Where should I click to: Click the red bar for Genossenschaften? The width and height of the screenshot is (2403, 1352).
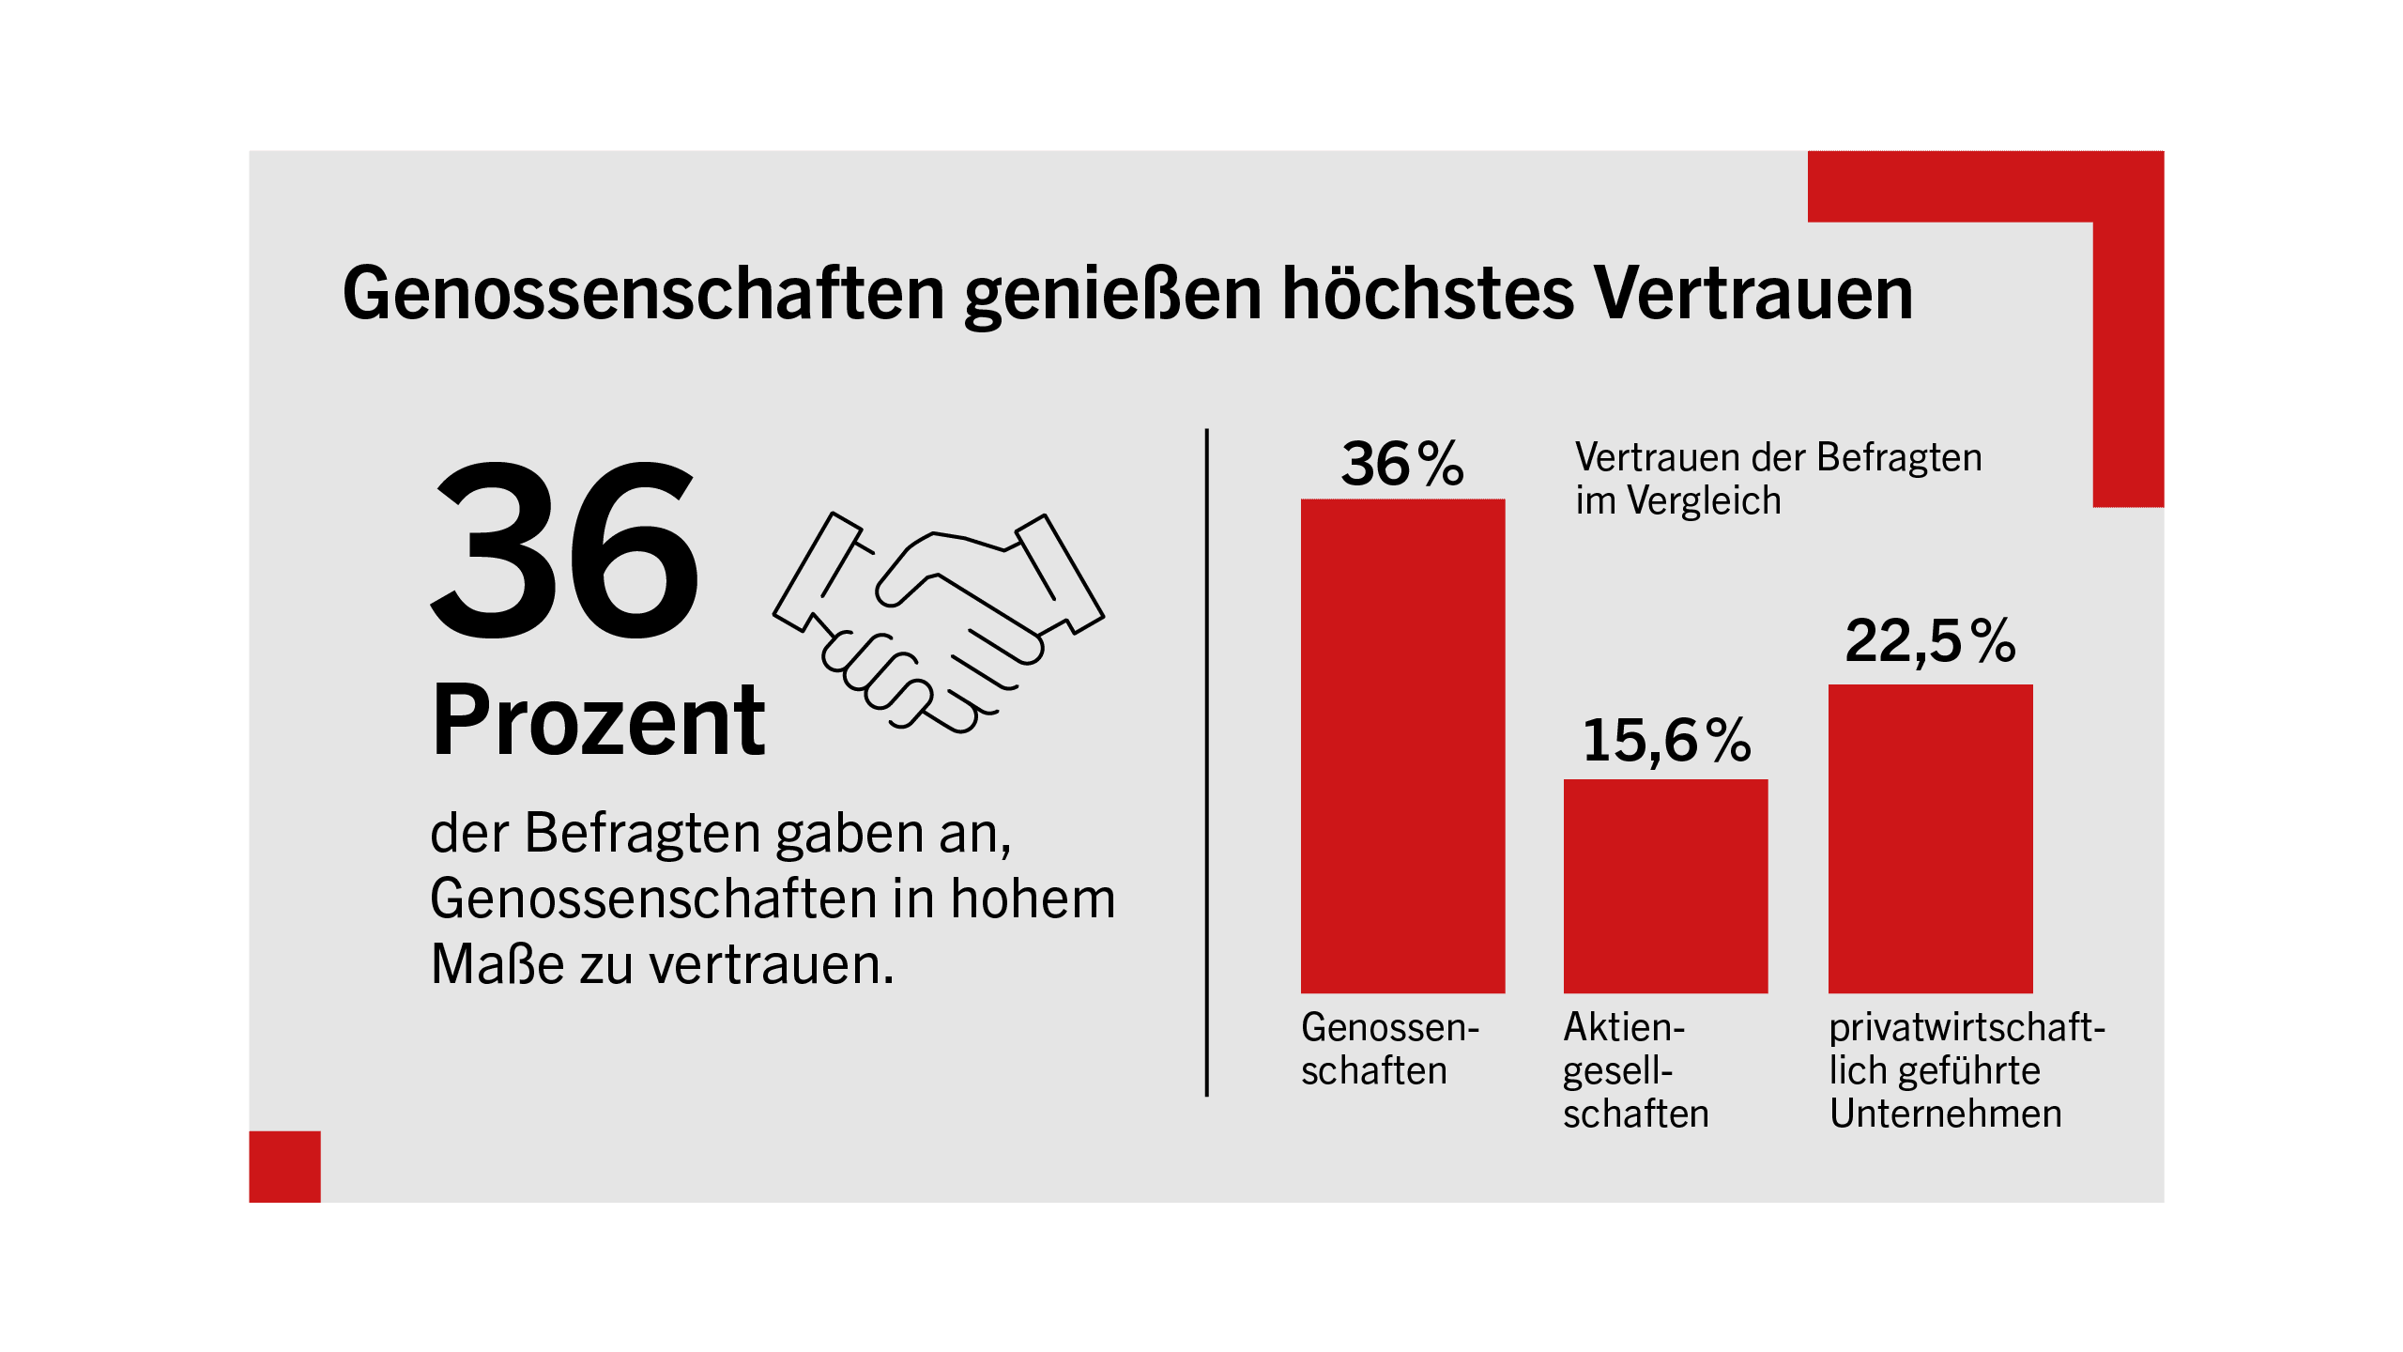pyautogui.click(x=1402, y=745)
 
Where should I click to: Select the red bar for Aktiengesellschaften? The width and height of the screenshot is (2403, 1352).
pyautogui.click(x=1665, y=885)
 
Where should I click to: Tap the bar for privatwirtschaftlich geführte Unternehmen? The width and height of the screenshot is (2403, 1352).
pyautogui.click(x=1930, y=838)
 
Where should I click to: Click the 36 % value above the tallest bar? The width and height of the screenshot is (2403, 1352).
pyautogui.click(x=1402, y=464)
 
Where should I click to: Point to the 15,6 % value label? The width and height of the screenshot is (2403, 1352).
pyautogui.click(x=1666, y=741)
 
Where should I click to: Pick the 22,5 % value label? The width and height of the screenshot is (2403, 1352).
pyautogui.click(x=1930, y=641)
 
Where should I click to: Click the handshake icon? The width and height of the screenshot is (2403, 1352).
pyautogui.click(x=939, y=622)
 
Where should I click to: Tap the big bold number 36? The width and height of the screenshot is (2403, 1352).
pyautogui.click(x=564, y=550)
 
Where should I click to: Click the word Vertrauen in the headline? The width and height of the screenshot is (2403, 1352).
pyautogui.click(x=1753, y=294)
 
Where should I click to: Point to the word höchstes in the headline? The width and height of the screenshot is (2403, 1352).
pyautogui.click(x=1428, y=293)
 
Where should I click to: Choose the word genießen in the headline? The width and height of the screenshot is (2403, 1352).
pyautogui.click(x=1113, y=298)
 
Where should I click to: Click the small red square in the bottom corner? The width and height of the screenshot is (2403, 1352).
pyautogui.click(x=284, y=1167)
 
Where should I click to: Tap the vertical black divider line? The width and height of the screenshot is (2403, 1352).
pyautogui.click(x=1206, y=762)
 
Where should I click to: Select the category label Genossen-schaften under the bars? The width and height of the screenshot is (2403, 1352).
pyautogui.click(x=1390, y=1050)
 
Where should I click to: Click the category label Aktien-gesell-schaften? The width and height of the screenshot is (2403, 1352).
pyautogui.click(x=1635, y=1071)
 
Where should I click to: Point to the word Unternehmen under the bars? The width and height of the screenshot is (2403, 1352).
pyautogui.click(x=1945, y=1114)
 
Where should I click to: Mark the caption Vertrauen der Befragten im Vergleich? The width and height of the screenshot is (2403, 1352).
pyautogui.click(x=1778, y=479)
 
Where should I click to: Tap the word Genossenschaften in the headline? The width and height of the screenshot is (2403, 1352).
pyautogui.click(x=644, y=294)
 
